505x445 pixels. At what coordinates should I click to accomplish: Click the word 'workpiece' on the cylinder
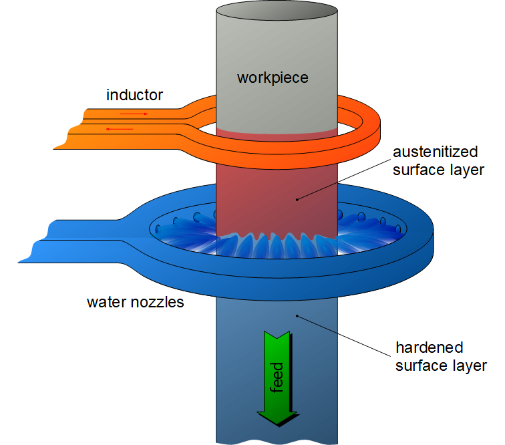pos(273,78)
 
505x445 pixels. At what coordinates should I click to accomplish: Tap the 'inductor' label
pos(134,95)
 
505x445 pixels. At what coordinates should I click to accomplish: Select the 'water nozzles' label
pos(136,302)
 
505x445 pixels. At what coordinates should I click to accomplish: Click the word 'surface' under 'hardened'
pos(420,365)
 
